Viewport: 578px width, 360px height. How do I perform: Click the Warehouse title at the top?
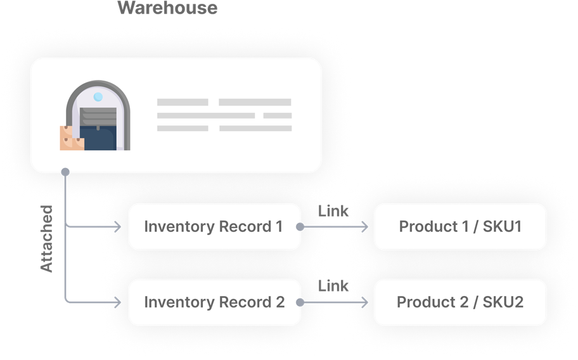[x=167, y=8]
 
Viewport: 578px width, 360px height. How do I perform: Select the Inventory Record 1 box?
[x=214, y=226]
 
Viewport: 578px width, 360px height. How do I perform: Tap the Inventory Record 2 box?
[x=214, y=302]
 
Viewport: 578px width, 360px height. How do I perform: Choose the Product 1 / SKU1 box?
[x=459, y=226]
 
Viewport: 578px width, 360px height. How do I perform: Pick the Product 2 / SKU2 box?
[x=459, y=302]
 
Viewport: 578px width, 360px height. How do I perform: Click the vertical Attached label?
[x=46, y=238]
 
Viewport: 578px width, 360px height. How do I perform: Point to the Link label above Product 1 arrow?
[x=333, y=210]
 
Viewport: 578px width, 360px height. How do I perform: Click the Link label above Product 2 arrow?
[x=333, y=286]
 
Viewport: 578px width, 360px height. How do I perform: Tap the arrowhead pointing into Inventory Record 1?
[x=117, y=226]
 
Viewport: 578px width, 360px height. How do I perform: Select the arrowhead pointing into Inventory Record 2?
[x=117, y=302]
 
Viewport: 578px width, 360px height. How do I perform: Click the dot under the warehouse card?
[x=65, y=171]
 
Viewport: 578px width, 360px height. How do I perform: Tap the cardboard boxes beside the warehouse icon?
[x=71, y=139]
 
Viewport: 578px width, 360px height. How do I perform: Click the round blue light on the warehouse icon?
[x=98, y=97]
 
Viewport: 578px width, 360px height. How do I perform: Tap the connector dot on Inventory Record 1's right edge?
[x=300, y=226]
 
